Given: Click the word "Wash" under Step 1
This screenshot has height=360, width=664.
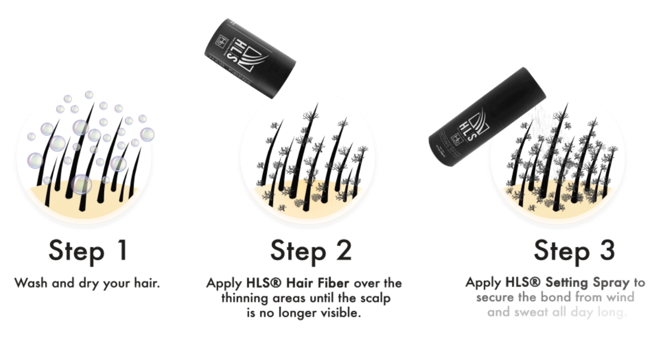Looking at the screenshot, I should coord(31,283).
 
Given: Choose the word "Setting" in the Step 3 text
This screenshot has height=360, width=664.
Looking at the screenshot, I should coord(551,283).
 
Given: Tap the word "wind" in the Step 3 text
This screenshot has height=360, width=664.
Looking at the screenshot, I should coord(621,297).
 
